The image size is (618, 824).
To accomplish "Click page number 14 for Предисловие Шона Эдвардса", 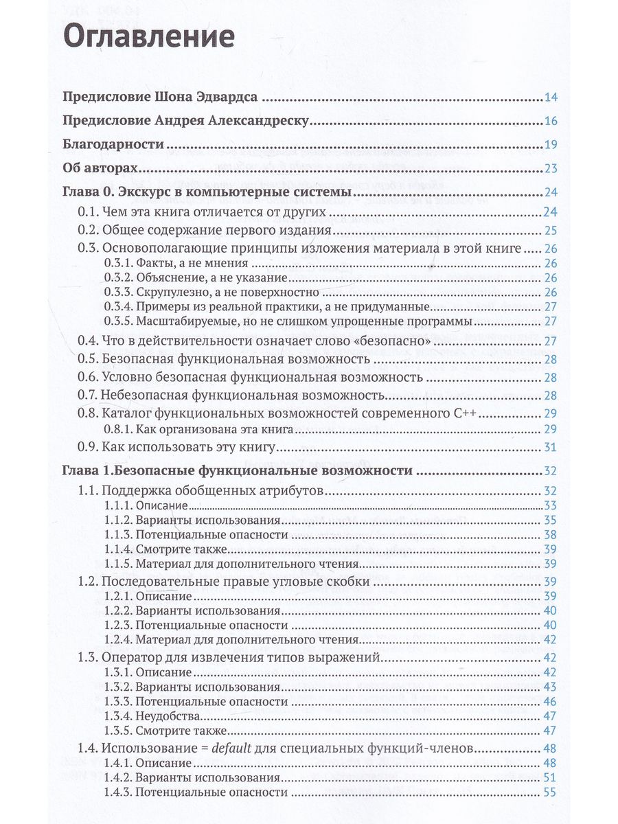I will pos(551,96).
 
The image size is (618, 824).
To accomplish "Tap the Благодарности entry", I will pos(113,144).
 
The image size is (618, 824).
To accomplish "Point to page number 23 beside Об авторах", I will pos(551,169).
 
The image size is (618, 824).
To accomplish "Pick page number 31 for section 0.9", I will pos(551,448).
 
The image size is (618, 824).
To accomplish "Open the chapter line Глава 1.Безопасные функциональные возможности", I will pos(237,471).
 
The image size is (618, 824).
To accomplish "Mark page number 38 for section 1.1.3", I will pos(551,534).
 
